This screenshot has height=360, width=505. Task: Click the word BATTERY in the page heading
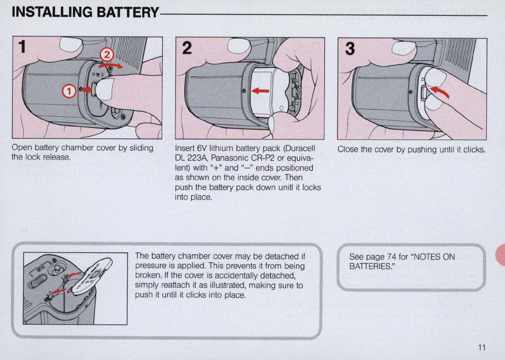click(x=121, y=12)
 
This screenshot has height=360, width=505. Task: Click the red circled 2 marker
click(x=107, y=54)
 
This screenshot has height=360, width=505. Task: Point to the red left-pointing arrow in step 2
click(x=260, y=91)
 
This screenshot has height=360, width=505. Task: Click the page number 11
click(x=482, y=347)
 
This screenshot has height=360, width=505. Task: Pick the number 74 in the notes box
click(x=391, y=257)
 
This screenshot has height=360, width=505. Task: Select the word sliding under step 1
click(x=140, y=148)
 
